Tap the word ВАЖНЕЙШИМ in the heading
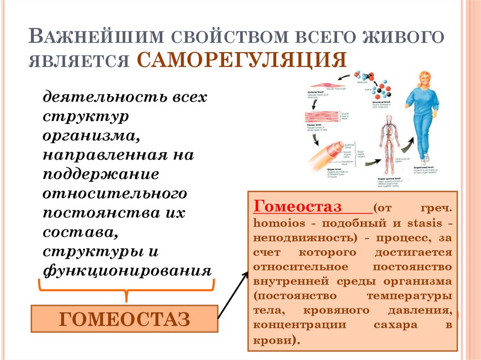pos(96,37)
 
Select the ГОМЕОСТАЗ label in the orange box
pos(125,319)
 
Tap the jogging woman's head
pos(425,80)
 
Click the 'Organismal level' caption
pos(426,167)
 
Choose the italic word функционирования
pos(127,271)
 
